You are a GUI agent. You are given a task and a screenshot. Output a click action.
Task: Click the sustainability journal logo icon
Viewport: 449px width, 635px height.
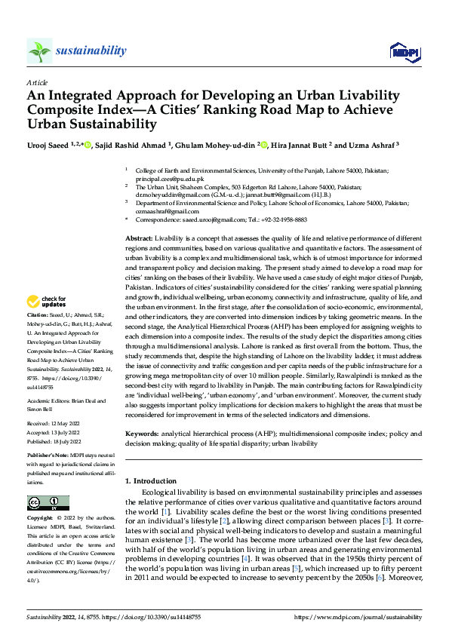[x=39, y=51]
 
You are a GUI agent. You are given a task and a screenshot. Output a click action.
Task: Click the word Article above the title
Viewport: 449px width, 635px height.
[x=37, y=81]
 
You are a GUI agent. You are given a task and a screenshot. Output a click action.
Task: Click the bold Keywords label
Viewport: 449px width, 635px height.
[x=143, y=434]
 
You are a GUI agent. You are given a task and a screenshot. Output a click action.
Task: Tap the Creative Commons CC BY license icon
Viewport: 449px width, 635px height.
[x=48, y=503]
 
